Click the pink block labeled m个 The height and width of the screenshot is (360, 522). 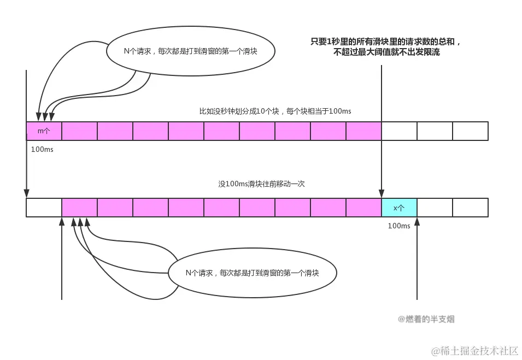tap(44, 131)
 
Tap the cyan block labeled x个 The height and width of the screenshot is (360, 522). tap(399, 208)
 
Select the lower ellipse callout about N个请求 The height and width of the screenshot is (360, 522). tap(252, 273)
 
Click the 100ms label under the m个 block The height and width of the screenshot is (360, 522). tap(42, 149)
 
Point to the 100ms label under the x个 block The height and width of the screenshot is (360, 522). tap(399, 226)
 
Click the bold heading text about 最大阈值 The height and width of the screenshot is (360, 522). tap(386, 47)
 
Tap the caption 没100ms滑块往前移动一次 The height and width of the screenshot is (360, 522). tap(261, 184)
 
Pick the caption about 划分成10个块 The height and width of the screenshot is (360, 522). tap(275, 111)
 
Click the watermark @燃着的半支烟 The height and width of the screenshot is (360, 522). tap(426, 319)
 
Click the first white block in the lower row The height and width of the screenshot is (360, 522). tap(44, 208)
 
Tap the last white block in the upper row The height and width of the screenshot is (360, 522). tap(470, 131)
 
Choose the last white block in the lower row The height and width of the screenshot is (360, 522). tap(470, 208)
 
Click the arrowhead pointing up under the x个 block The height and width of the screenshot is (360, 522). tap(417, 221)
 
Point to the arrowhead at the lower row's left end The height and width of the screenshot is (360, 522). tap(26, 192)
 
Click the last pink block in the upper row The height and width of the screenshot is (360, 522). tap(363, 131)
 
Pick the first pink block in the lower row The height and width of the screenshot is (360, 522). tap(79, 208)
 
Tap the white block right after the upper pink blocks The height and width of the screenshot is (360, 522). tap(399, 131)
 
